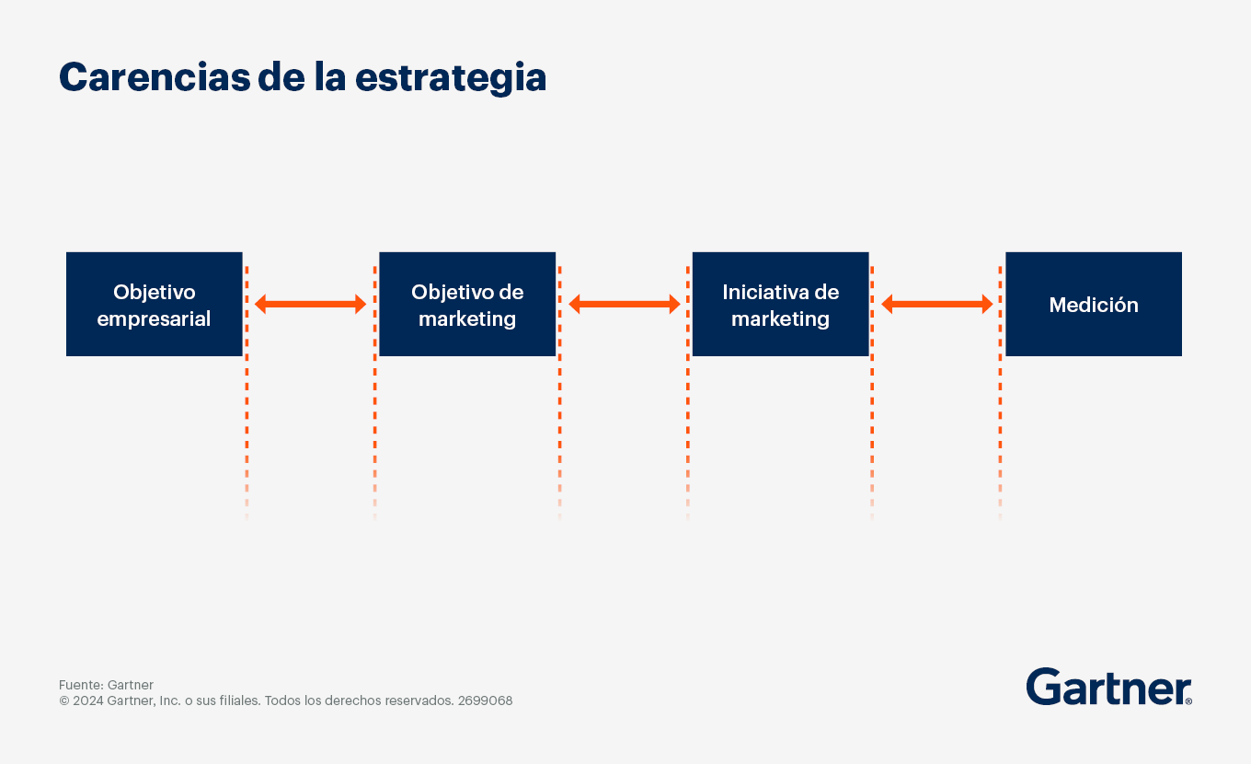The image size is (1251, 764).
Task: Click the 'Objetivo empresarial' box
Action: tap(155, 304)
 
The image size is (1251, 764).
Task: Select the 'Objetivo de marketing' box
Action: tap(467, 304)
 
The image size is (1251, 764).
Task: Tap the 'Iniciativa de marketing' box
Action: tap(781, 304)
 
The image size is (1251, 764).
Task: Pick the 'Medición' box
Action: tap(1094, 304)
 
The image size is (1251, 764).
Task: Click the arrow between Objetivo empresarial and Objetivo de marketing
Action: tap(311, 304)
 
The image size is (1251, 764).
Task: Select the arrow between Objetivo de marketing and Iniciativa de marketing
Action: tap(625, 304)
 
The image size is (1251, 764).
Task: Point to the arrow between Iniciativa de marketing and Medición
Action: tap(937, 304)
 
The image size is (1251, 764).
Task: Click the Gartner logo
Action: tap(1108, 687)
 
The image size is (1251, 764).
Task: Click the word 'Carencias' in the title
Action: tap(155, 77)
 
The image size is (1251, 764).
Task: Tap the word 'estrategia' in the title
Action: tap(451, 78)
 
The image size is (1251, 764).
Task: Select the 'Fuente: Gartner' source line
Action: tap(106, 685)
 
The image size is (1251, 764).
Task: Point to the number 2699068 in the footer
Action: tap(486, 700)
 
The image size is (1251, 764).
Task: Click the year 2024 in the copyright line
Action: tap(88, 700)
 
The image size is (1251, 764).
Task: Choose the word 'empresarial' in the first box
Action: tap(155, 319)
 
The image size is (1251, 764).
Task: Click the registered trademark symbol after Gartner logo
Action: tap(1188, 700)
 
